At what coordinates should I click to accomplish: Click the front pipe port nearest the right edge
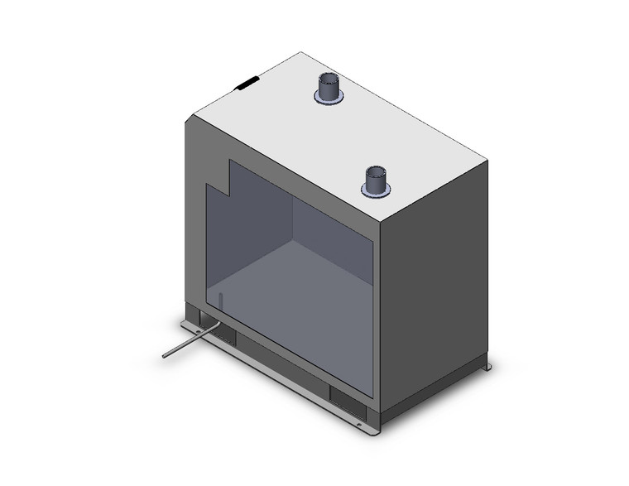point(376,181)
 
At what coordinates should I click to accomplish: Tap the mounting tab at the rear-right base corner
point(488,367)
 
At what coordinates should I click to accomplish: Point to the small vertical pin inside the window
point(221,300)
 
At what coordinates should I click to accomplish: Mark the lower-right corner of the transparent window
point(371,394)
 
